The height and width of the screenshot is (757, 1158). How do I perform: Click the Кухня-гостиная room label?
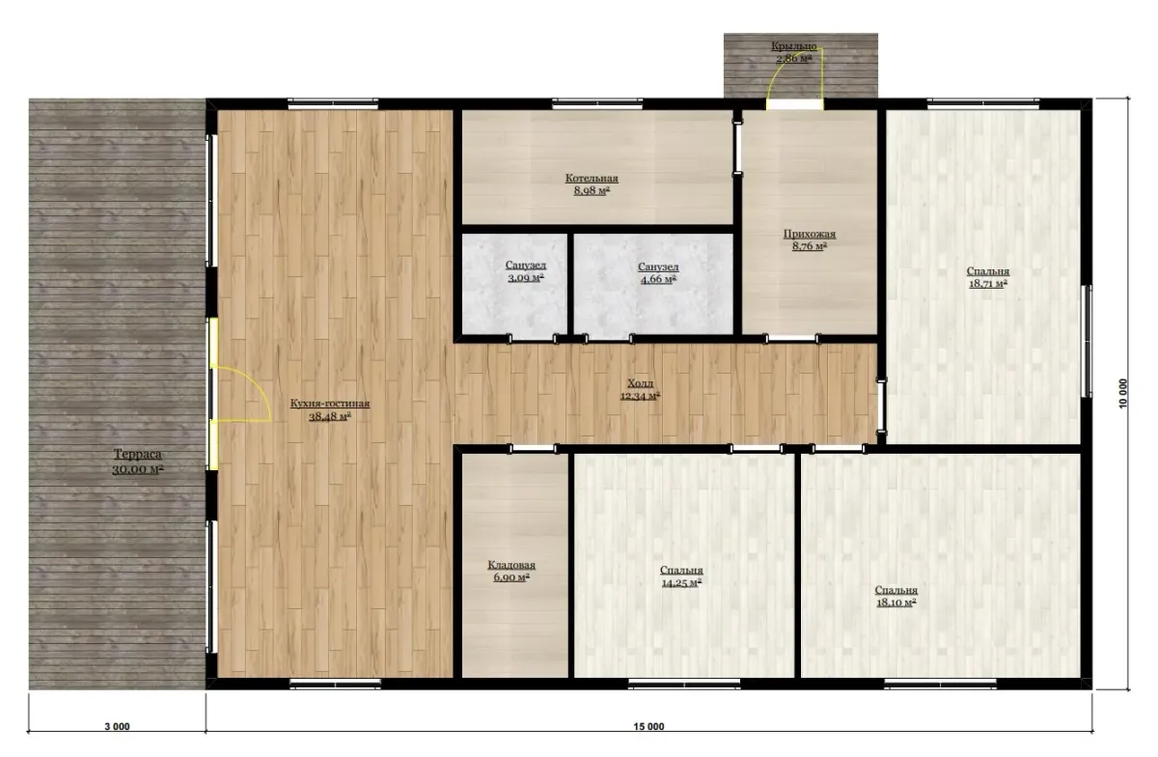[x=330, y=404]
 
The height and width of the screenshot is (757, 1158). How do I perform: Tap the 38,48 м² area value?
[x=330, y=416]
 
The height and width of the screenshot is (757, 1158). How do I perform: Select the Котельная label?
[x=592, y=179]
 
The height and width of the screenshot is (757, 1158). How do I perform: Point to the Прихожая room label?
[x=809, y=235]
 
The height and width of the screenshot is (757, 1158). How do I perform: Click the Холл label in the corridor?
[x=640, y=383]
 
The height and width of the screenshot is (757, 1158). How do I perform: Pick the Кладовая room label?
[x=511, y=566]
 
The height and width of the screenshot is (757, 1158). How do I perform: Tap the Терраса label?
[x=137, y=455]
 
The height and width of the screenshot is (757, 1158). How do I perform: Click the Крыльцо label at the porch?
[x=794, y=46]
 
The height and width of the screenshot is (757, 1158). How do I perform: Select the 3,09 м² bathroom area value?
[x=526, y=278]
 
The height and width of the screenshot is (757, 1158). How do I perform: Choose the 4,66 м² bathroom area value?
[x=658, y=279]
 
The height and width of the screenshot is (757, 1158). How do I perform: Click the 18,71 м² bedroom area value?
[x=987, y=284]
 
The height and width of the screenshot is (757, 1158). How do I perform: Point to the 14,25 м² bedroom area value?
[x=681, y=582]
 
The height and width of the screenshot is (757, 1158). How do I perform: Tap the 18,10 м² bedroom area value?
[x=896, y=603]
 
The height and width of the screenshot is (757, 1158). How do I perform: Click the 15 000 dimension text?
[x=648, y=726]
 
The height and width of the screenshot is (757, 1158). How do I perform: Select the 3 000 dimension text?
[x=118, y=726]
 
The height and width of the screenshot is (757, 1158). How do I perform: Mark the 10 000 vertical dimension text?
[x=1123, y=393]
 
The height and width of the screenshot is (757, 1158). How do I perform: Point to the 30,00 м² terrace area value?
[x=137, y=470]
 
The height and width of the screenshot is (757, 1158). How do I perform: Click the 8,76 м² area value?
[x=809, y=247]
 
